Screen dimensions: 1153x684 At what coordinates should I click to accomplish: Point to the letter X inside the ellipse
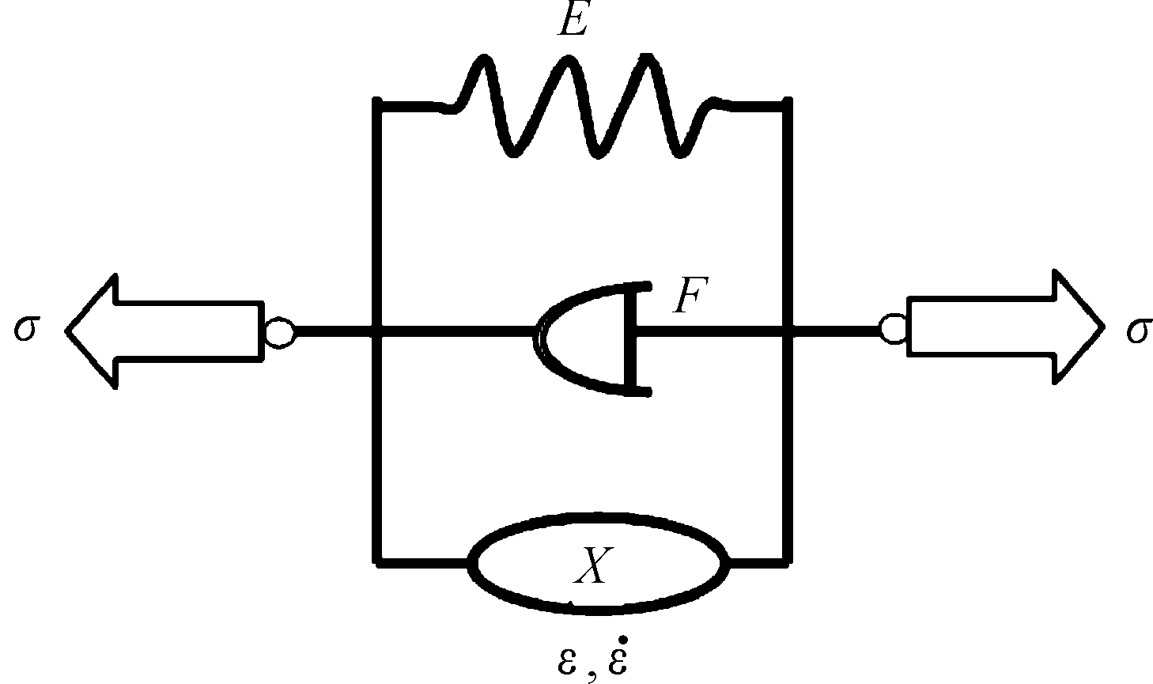[x=593, y=565]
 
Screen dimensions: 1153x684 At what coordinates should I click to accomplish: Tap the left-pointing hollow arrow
[x=164, y=331]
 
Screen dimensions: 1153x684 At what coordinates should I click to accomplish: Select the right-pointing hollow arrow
[x=1005, y=327]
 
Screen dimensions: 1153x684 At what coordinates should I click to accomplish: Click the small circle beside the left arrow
[x=279, y=332]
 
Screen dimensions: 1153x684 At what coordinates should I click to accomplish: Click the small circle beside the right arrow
[x=894, y=328]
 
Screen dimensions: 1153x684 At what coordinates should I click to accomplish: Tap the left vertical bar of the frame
[x=377, y=332]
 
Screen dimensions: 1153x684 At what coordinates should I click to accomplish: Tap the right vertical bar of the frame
[x=787, y=332]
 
